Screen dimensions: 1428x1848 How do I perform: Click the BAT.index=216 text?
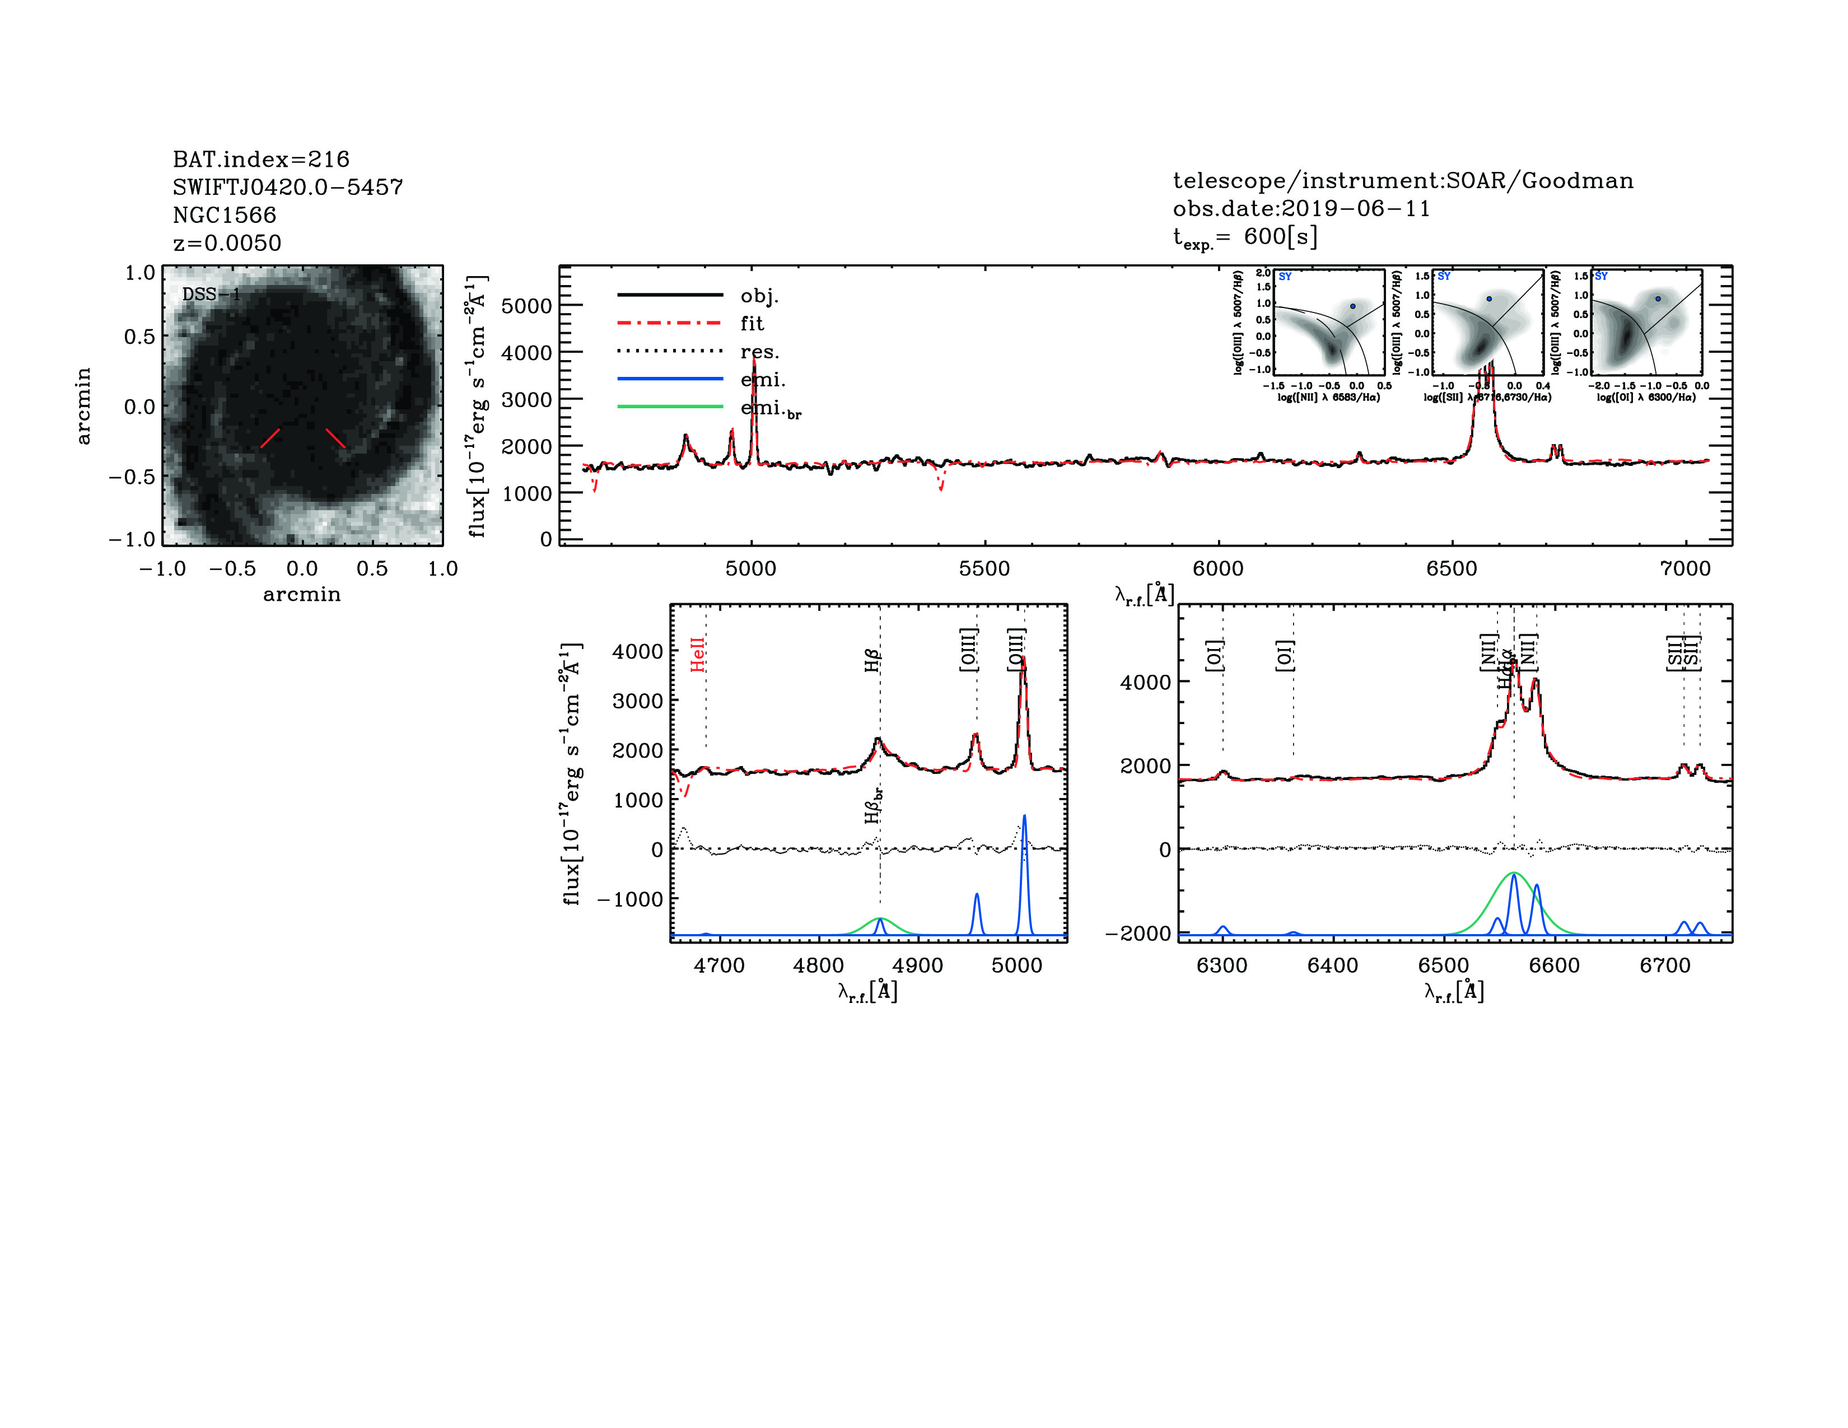click(x=260, y=159)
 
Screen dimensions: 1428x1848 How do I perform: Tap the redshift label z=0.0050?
click(x=227, y=243)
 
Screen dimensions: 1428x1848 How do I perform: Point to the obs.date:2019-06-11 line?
click(x=1300, y=208)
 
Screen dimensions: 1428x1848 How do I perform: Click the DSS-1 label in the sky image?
click(x=211, y=295)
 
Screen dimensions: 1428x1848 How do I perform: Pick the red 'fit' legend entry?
click(x=752, y=323)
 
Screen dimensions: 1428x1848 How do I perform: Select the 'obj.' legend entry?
click(x=759, y=295)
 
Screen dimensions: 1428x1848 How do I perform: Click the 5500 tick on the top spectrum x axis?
click(x=984, y=568)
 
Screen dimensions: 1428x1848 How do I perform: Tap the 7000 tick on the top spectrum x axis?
click(x=1684, y=568)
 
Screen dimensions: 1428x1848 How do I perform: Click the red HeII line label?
click(x=697, y=655)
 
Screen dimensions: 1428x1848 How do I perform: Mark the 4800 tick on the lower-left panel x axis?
click(x=818, y=965)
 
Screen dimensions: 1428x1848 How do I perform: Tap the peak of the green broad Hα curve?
click(x=1514, y=872)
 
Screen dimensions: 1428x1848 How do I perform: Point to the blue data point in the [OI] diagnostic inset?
click(x=1658, y=298)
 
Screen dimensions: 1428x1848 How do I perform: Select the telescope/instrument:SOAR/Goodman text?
click(x=1402, y=180)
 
